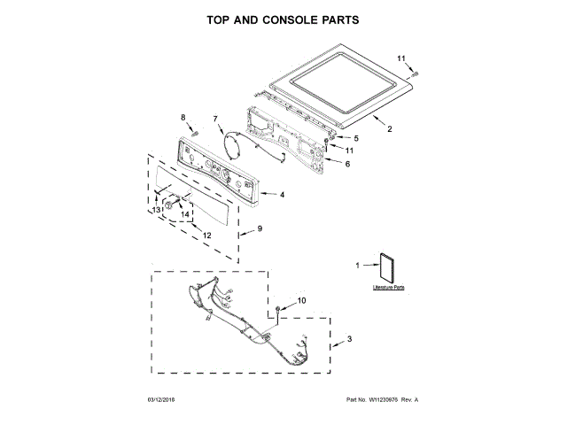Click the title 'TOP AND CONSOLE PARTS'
tap(283, 19)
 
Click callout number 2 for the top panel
tap(390, 129)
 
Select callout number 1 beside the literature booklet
tap(358, 265)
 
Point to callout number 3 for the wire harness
tap(349, 339)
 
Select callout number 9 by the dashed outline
tap(260, 230)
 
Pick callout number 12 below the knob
tap(206, 236)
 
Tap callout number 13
tap(155, 210)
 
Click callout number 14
tap(185, 214)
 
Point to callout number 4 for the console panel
tap(282, 195)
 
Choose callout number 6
tap(347, 164)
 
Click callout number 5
tap(356, 138)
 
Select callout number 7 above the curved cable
tap(214, 119)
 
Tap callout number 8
tap(183, 117)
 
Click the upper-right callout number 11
tap(401, 59)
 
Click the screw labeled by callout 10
tap(279, 310)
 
